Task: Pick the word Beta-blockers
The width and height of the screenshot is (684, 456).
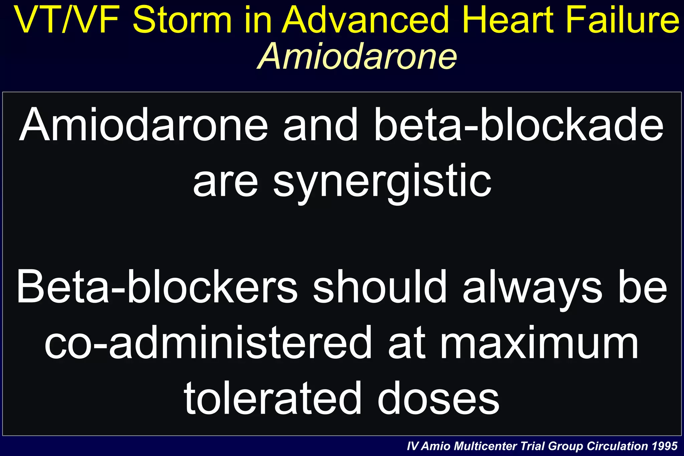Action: click(157, 287)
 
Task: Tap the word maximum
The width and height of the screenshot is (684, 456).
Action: click(539, 343)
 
